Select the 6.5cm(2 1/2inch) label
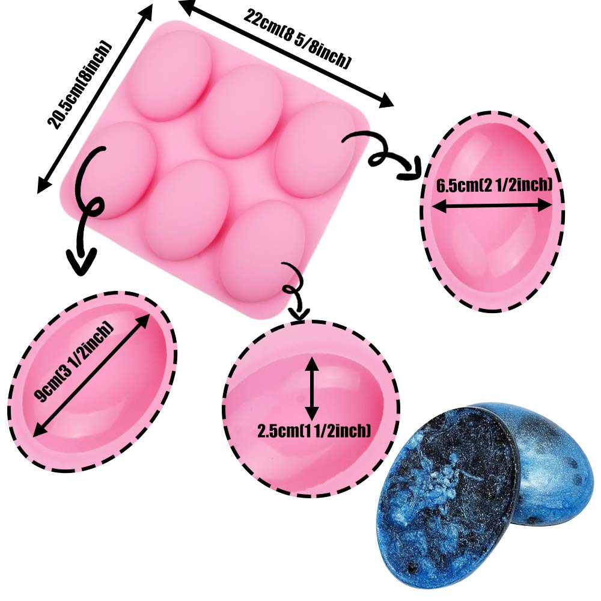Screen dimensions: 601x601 pyautogui.click(x=493, y=186)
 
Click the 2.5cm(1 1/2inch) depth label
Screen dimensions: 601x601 pyautogui.click(x=313, y=431)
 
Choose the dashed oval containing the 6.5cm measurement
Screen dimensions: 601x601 pyautogui.click(x=493, y=212)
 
